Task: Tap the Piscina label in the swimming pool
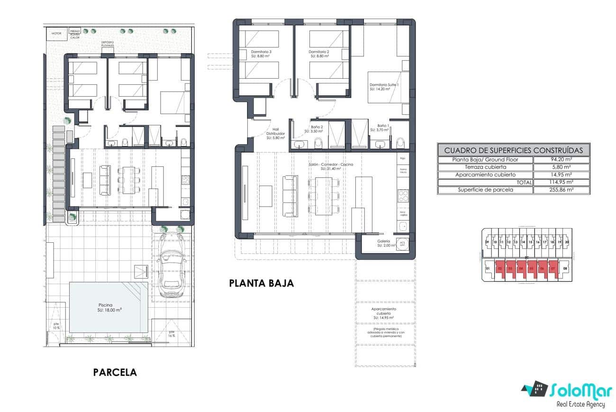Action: tap(106, 306)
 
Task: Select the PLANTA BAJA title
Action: tap(261, 283)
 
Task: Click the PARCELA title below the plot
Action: tap(115, 372)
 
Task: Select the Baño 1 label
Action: tap(383, 127)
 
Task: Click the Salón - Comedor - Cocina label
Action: tap(330, 165)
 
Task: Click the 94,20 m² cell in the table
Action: tap(561, 160)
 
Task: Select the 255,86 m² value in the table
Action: tap(561, 190)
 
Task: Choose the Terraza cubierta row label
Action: tap(485, 167)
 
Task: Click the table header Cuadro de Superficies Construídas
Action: tap(513, 150)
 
